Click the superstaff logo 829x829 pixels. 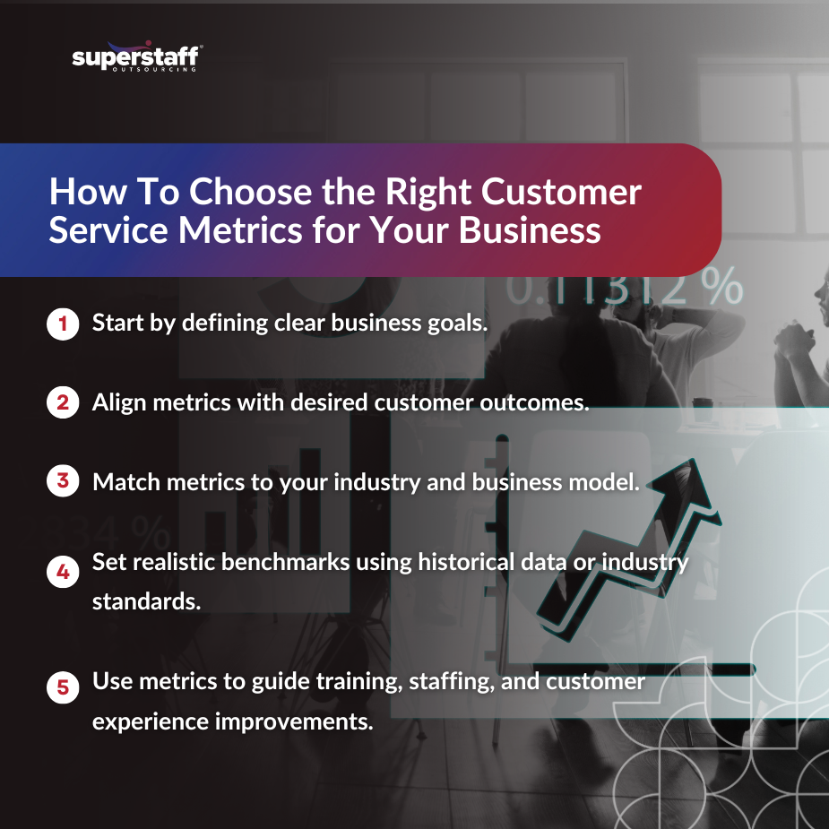[x=137, y=58]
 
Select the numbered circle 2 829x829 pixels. [x=62, y=402]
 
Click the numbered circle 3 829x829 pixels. [x=62, y=481]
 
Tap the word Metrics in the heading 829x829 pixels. [x=237, y=229]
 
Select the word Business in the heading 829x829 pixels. [x=530, y=229]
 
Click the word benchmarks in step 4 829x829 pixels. [x=266, y=563]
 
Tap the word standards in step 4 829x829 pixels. [x=146, y=601]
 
